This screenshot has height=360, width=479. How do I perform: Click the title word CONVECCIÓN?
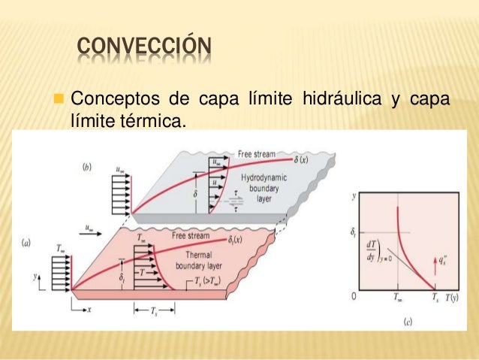(145, 50)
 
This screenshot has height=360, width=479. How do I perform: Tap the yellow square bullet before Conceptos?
(59, 99)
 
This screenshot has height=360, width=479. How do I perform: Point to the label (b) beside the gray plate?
(87, 167)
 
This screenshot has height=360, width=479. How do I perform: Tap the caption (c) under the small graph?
(407, 322)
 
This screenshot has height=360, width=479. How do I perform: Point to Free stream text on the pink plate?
(190, 235)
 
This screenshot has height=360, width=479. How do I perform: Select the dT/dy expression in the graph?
(370, 251)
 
